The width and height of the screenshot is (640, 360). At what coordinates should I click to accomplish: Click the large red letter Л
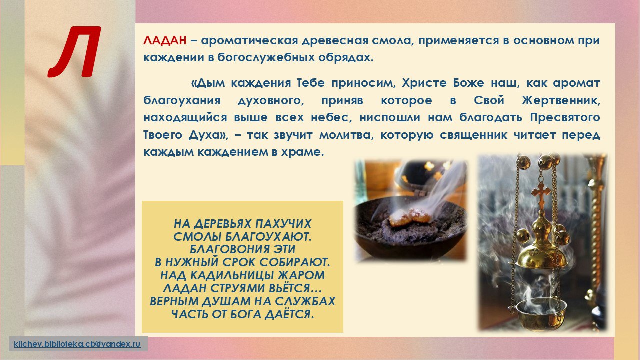pos(75,52)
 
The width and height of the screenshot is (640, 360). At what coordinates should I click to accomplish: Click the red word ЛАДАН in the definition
pos(165,41)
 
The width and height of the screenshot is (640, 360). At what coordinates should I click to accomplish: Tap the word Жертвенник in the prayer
pos(561,101)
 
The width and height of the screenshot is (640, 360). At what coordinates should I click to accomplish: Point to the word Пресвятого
pos(565,118)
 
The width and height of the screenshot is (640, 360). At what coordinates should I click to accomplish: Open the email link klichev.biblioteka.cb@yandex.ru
pos(77,344)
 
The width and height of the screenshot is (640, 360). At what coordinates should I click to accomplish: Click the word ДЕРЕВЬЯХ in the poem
pos(223,224)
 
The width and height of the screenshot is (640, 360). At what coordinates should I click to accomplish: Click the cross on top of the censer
pos(541,195)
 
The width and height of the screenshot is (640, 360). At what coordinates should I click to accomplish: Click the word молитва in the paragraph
pos(346,135)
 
